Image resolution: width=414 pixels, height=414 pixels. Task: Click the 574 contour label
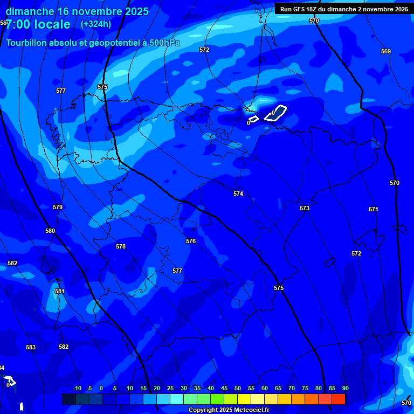click(238, 194)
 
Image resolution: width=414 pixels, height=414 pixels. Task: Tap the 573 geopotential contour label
click(305, 208)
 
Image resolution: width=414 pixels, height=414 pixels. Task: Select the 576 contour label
click(191, 241)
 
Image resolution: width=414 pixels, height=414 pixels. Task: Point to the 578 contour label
click(121, 246)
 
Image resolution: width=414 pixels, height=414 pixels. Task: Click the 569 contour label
click(386, 51)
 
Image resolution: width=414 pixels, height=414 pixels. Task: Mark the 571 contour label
click(374, 209)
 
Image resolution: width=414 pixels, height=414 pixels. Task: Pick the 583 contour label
click(31, 347)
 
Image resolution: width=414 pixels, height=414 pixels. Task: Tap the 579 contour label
click(58, 207)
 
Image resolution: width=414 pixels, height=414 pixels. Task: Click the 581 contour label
click(60, 291)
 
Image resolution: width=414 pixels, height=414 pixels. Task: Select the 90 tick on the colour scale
click(345, 389)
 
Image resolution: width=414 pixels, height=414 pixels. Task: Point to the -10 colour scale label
click(77, 389)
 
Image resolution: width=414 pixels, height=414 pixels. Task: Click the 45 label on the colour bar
click(224, 389)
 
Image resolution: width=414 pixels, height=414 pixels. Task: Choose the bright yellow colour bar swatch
click(244, 399)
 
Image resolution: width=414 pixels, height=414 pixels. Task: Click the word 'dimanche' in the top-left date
click(30, 11)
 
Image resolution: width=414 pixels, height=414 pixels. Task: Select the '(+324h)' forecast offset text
click(95, 24)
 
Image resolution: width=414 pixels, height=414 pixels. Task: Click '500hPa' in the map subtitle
click(163, 43)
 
